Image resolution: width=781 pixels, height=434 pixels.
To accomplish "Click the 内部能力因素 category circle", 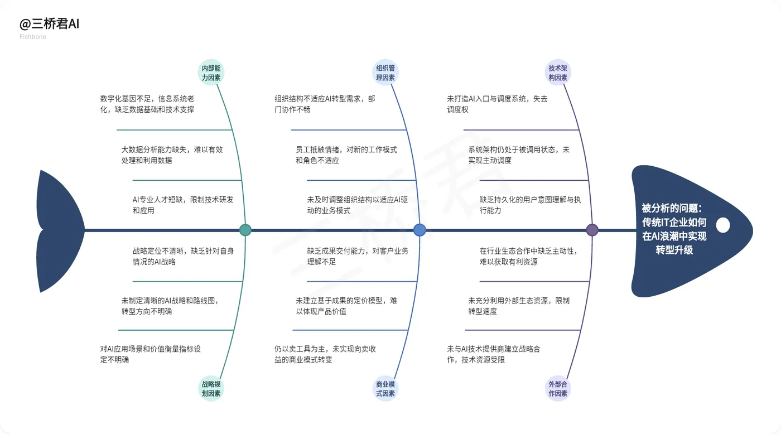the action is (x=211, y=73).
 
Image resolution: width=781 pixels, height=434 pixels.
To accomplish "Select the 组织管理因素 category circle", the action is (x=385, y=73).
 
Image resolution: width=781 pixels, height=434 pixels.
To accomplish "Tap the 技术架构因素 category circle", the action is (x=558, y=73).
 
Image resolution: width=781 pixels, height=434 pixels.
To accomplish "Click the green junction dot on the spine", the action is (x=245, y=230).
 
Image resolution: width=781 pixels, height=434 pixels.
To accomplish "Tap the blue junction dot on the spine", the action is (x=420, y=230).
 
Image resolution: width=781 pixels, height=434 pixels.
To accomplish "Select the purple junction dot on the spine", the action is (x=592, y=230).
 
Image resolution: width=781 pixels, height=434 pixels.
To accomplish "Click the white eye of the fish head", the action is (x=723, y=225).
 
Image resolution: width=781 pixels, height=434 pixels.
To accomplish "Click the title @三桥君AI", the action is (x=50, y=25).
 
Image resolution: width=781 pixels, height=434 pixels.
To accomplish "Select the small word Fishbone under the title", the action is (x=33, y=37).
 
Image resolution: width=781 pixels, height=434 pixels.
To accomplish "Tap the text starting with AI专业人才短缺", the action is (x=182, y=205).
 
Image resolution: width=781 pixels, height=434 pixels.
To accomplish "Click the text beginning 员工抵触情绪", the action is (x=346, y=155).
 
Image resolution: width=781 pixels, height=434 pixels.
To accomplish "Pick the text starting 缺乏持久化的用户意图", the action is (x=530, y=205).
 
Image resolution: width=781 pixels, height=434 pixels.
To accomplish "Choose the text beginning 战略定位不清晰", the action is (x=182, y=256).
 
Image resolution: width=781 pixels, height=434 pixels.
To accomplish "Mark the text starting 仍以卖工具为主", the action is (x=325, y=354).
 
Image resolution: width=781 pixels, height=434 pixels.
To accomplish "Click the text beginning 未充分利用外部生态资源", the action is (x=519, y=306).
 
